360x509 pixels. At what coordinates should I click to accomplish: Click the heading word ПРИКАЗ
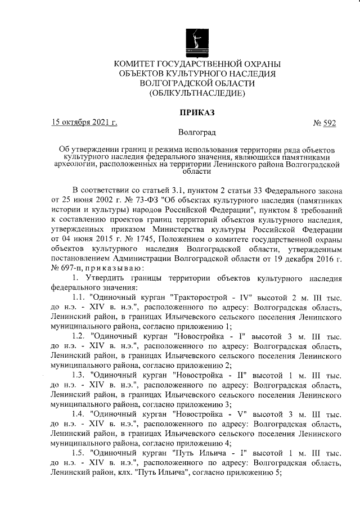pyautogui.click(x=197, y=112)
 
